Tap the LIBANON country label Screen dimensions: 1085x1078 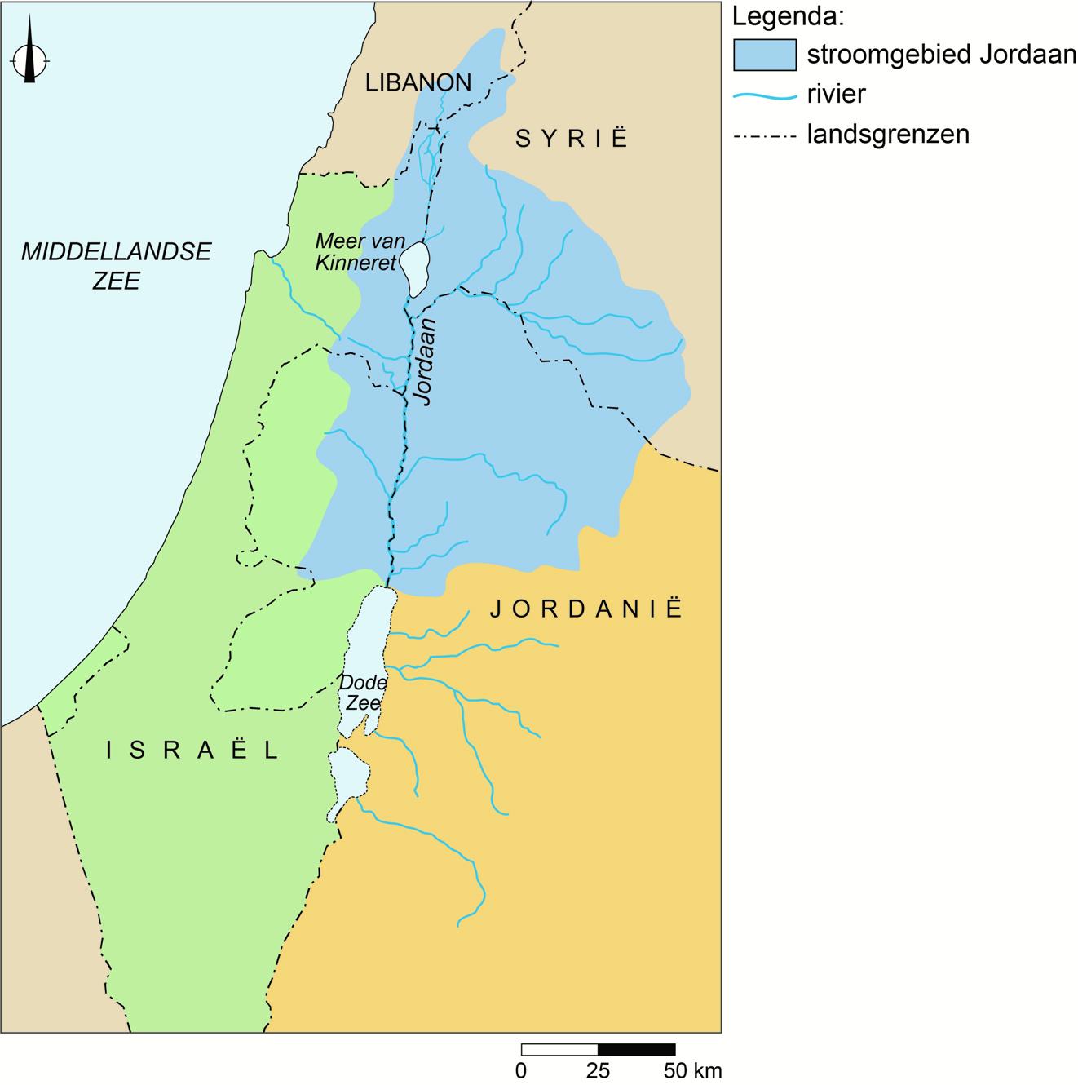[418, 82]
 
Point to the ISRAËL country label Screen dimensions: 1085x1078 [193, 750]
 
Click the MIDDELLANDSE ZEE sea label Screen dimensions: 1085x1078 [116, 265]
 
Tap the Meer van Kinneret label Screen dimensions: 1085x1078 [355, 251]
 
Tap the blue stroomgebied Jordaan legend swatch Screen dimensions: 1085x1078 [764, 55]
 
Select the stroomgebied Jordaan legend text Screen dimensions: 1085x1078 [941, 55]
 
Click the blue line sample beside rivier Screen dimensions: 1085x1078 [764, 95]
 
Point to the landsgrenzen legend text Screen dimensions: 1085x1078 [888, 133]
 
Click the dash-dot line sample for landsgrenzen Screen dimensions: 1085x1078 [764, 134]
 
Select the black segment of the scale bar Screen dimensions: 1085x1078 [637, 1050]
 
